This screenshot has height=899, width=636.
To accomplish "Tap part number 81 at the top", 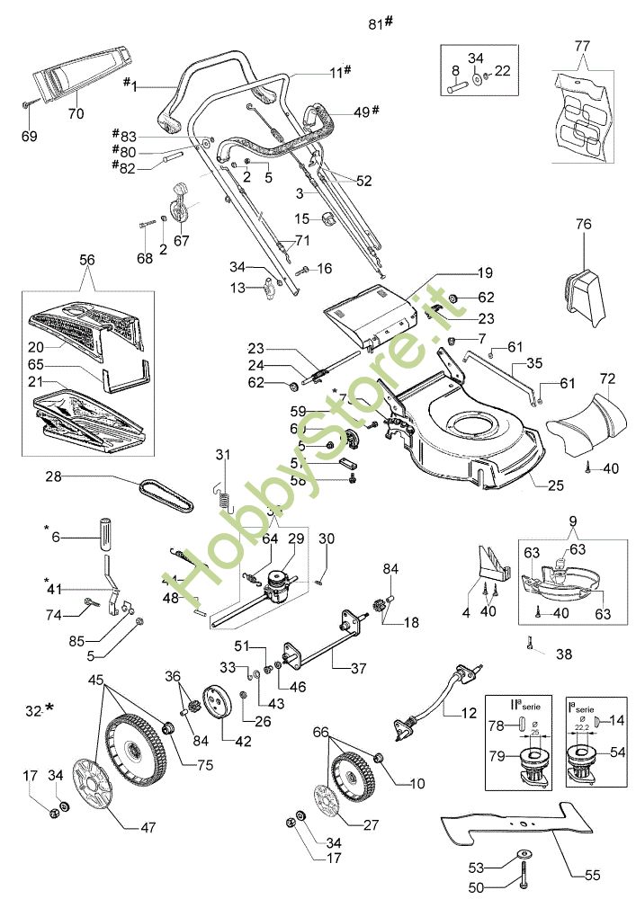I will [376, 24].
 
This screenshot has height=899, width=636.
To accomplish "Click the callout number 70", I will [76, 114].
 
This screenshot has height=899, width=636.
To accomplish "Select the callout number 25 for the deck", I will [555, 485].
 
